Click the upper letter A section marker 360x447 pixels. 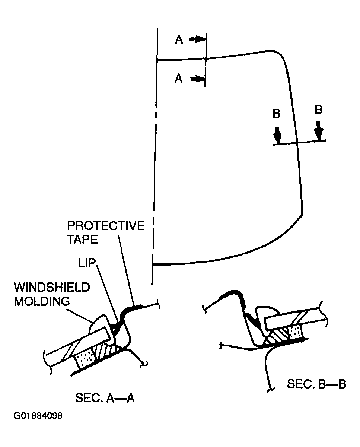click(179, 40)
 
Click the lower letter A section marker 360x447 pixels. click(179, 79)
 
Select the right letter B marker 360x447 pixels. click(319, 110)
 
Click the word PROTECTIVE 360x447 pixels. click(105, 226)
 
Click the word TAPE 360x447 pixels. click(82, 240)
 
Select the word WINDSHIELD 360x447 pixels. click(52, 288)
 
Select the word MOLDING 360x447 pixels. click(42, 301)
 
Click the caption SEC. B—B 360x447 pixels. click(316, 384)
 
